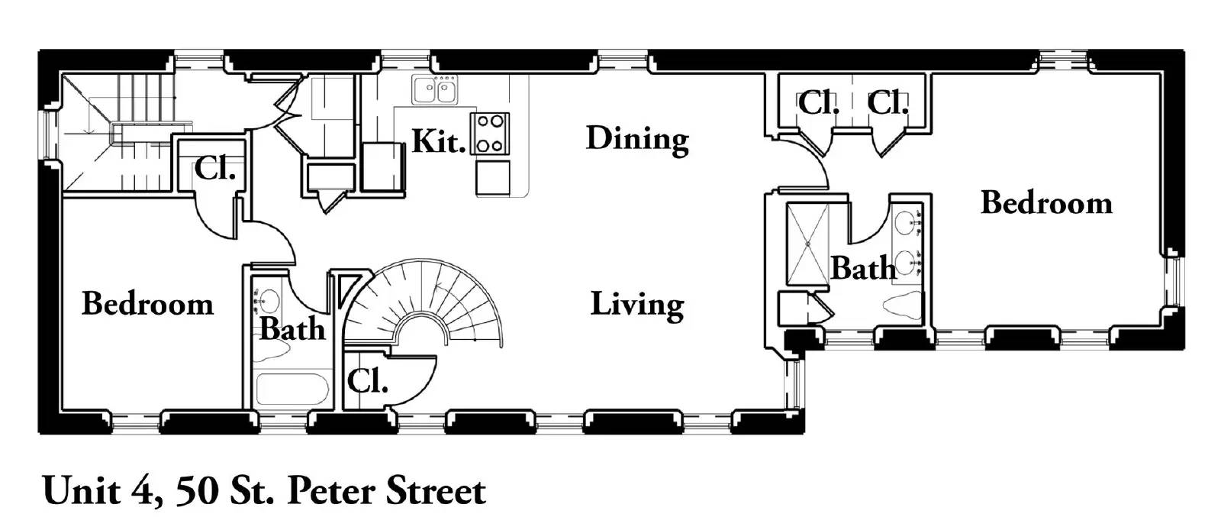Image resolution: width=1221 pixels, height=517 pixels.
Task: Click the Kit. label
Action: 439,141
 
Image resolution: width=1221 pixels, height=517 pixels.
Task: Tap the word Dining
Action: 637,140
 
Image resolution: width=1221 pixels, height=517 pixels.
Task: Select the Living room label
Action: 637,305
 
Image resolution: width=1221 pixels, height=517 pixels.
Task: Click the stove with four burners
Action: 490,134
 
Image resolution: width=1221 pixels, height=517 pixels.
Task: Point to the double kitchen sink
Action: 435,89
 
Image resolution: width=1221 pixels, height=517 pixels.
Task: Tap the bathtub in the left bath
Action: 292,389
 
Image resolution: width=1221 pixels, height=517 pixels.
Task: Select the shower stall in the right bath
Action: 807,244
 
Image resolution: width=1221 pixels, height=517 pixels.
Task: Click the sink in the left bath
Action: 267,299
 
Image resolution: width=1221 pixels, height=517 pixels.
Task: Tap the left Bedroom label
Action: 148,304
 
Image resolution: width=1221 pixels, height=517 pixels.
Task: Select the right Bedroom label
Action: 1046,203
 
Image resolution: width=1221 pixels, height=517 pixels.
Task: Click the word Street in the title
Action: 436,491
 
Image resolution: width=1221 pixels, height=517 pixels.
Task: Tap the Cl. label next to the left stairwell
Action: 214,168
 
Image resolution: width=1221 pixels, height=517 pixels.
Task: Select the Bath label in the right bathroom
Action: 863,268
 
